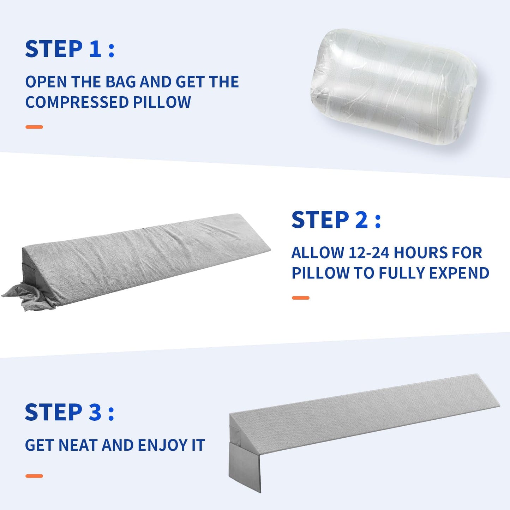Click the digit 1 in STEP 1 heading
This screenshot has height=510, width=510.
click(x=95, y=49)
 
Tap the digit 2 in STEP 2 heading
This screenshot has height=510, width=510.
click(x=361, y=220)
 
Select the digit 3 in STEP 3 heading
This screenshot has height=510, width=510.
click(x=95, y=412)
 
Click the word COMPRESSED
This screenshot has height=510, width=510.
click(x=77, y=102)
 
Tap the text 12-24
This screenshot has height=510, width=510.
click(x=368, y=253)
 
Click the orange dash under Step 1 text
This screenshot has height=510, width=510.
click(x=34, y=127)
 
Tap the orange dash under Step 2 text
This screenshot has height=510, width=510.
click(x=300, y=298)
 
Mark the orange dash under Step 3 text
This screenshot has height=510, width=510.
click(x=34, y=476)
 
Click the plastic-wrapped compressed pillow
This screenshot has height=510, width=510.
click(x=394, y=86)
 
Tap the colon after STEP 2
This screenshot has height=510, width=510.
click(x=378, y=221)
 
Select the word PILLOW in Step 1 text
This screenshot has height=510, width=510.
click(x=162, y=102)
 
